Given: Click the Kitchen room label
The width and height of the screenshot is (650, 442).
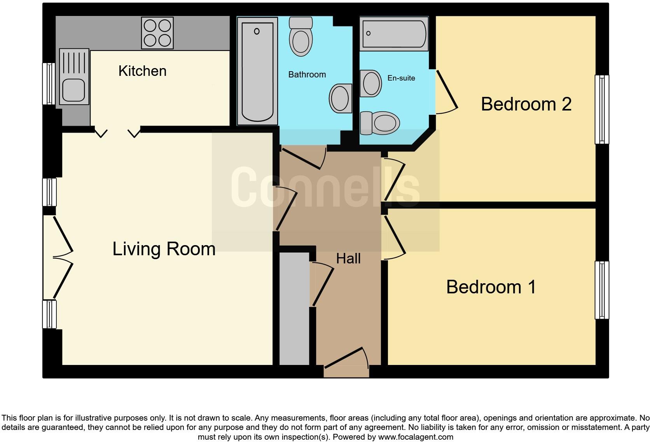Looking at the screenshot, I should click(142, 71).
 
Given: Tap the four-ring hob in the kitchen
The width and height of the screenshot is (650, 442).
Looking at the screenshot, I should click(157, 33).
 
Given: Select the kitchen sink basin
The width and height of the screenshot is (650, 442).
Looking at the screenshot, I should click(73, 91).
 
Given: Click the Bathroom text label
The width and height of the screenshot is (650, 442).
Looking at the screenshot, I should click(307, 75).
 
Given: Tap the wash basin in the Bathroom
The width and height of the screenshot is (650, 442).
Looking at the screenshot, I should click(340, 99).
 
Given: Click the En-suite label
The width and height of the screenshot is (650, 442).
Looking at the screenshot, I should click(401, 78).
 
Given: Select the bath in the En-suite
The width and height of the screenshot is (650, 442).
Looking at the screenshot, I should click(393, 33).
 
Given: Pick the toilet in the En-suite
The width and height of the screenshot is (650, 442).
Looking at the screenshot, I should click(381, 123).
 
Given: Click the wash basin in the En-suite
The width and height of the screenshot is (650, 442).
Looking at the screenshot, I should click(371, 83).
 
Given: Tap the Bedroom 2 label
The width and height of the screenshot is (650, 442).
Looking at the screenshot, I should click(526, 104).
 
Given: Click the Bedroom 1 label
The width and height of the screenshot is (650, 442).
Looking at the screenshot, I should click(491, 287).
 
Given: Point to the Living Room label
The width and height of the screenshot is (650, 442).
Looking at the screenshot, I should click(164, 249).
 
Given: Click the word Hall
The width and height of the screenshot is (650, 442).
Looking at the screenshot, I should click(348, 259).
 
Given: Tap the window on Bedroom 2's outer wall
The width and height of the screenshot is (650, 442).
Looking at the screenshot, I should click(602, 109).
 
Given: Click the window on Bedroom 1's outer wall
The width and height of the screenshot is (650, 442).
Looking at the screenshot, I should click(602, 290).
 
